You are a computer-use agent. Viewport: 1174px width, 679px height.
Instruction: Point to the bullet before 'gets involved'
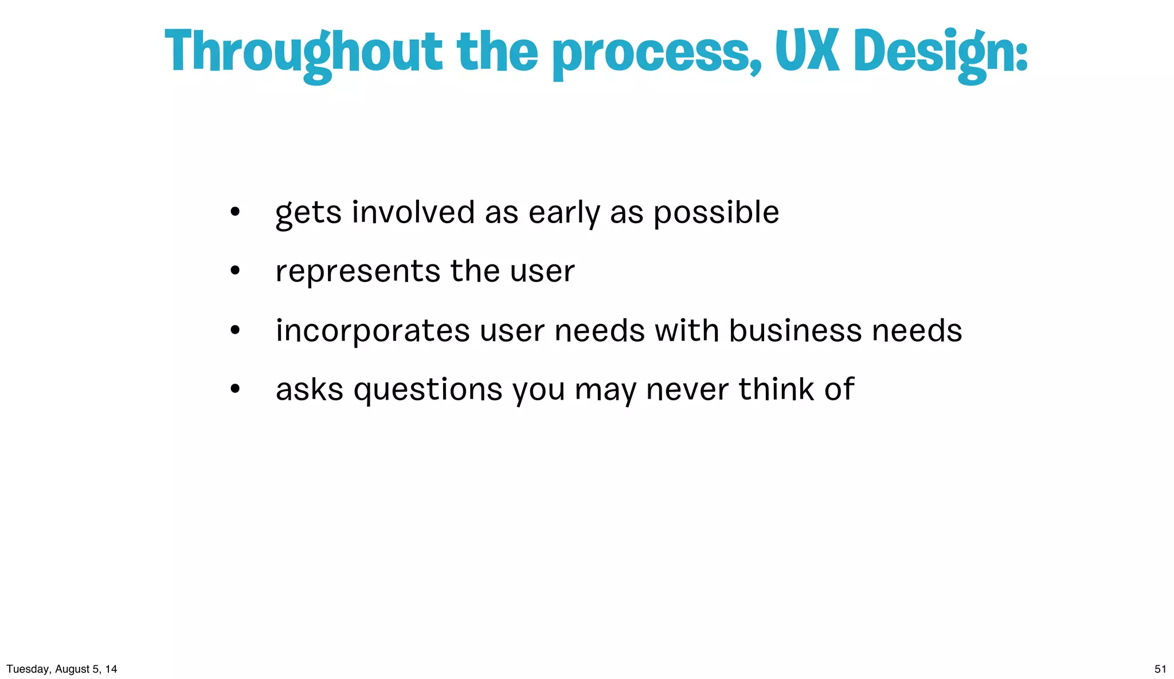pos(234,212)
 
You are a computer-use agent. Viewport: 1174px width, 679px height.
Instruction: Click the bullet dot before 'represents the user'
pos(234,271)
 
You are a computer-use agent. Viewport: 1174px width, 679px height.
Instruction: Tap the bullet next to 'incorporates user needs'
pos(234,330)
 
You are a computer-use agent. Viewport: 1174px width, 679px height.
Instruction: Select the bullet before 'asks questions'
pos(234,389)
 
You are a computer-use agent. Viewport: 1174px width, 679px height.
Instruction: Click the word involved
pos(413,212)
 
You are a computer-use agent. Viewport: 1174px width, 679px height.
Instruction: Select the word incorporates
pos(373,331)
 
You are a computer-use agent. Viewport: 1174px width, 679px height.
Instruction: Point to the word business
pos(796,331)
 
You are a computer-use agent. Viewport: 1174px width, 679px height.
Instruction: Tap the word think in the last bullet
pos(776,389)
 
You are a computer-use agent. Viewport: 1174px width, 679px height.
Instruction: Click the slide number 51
pos(1160,669)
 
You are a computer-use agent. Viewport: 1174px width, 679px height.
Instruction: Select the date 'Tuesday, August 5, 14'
pos(62,669)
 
